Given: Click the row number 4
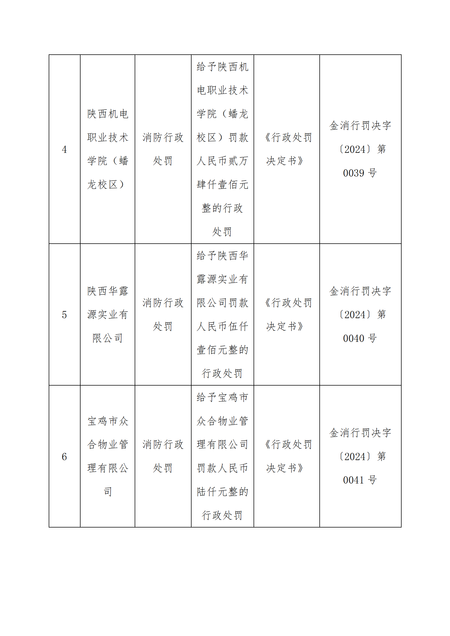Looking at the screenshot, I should pos(64,150).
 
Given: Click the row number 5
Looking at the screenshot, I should pos(64,315).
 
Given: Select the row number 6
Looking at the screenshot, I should pos(64,457).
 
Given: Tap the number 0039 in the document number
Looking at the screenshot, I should pos(354,173).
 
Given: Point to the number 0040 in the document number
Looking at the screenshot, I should pos(354,338).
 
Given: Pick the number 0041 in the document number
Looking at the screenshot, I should pos(354,480).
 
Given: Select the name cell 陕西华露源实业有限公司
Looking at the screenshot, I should pos(107,315).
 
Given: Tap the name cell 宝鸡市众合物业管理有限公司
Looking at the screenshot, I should pos(107,457).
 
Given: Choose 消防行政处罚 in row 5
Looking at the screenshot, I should pos(163,315).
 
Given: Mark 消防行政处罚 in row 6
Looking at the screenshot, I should pos(163,457).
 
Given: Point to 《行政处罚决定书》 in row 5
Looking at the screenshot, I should pos(286,315).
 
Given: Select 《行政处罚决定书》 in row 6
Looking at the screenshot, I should pos(286,457).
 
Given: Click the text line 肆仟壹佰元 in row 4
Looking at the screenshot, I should pos(222,184).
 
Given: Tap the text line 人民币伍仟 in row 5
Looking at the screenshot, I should pos(222,326).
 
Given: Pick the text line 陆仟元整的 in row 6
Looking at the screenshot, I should pos(222,492).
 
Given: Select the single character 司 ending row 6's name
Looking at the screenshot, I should pos(107,492).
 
